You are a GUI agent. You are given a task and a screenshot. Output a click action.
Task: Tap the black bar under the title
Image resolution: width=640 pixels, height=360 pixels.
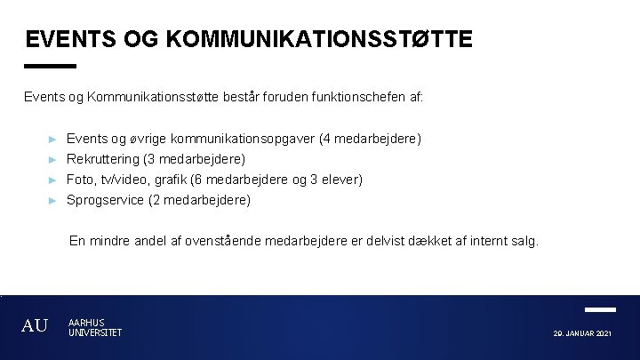tap(51, 66)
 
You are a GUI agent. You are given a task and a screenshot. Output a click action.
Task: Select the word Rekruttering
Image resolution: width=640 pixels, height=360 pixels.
tap(103, 159)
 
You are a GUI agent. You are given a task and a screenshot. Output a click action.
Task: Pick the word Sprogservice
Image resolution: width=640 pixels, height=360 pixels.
tap(105, 200)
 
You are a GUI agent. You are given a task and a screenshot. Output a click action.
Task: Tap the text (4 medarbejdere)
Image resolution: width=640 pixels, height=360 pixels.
tap(371, 139)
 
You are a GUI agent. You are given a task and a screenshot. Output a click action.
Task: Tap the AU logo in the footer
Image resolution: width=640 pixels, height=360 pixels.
tap(35, 326)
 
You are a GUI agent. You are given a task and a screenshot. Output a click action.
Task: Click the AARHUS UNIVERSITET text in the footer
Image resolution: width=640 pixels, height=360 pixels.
tap(94, 327)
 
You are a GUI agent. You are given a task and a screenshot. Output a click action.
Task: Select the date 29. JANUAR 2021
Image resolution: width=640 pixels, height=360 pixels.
tap(581, 333)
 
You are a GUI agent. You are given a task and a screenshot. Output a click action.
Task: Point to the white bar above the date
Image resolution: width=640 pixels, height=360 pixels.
tap(601, 309)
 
